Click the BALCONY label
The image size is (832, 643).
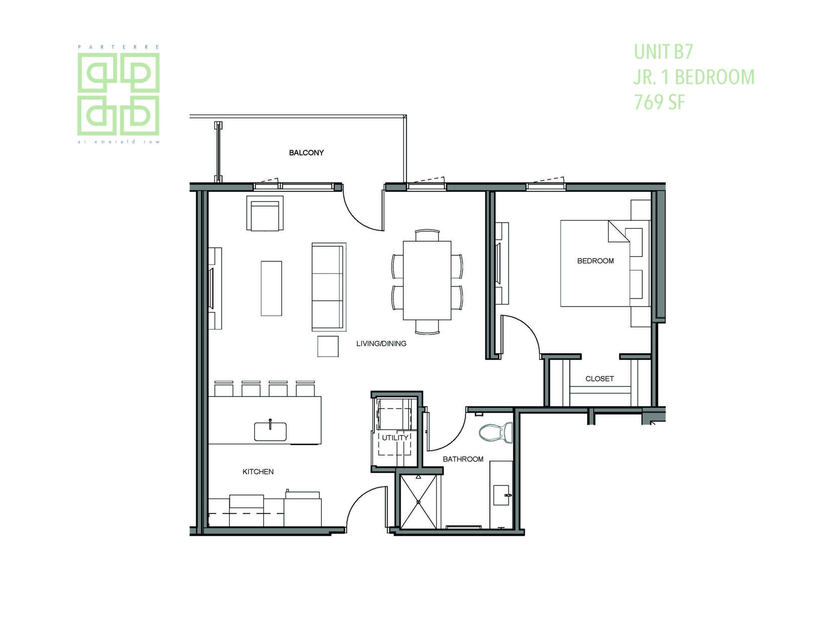(306, 153)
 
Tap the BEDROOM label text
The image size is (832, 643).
(596, 261)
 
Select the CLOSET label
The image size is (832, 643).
(600, 379)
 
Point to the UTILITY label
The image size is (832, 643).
(395, 438)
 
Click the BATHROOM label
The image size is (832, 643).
(463, 459)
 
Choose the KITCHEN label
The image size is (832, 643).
(258, 472)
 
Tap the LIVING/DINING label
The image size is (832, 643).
(381, 343)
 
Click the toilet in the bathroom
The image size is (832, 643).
(496, 432)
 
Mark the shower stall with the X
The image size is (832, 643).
(418, 502)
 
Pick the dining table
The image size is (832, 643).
(427, 280)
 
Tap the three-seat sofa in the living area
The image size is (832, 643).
(329, 287)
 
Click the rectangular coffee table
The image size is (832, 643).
(271, 288)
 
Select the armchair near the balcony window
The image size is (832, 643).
(265, 213)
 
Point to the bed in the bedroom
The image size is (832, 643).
(605, 263)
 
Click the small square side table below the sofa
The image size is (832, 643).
(328, 346)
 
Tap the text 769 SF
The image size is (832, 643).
(659, 102)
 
